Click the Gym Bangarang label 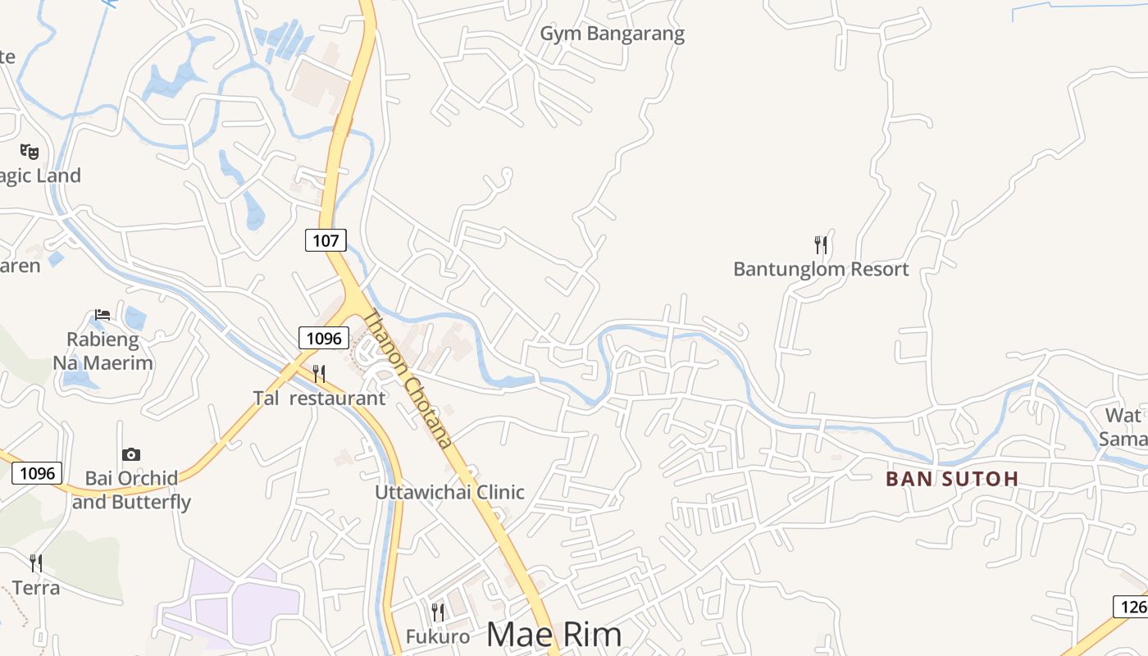tap(612, 34)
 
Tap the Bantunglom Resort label tap(821, 269)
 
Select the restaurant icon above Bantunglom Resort tap(821, 244)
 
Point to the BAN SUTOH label tap(952, 479)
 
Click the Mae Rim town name tap(554, 635)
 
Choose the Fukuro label tap(438, 636)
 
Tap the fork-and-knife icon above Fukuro tap(438, 612)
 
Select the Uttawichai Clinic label tap(449, 492)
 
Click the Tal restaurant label tap(319, 399)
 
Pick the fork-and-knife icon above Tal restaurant tap(319, 374)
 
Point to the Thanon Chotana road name tap(408, 379)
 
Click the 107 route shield tap(326, 240)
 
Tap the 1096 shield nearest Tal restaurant tap(323, 337)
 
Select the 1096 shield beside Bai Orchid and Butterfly tap(37, 473)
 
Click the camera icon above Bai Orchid tap(131, 454)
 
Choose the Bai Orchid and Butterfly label tap(131, 490)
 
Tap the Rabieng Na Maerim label tap(103, 351)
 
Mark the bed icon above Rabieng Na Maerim tap(102, 315)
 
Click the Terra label tap(36, 588)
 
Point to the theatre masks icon tap(30, 151)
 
